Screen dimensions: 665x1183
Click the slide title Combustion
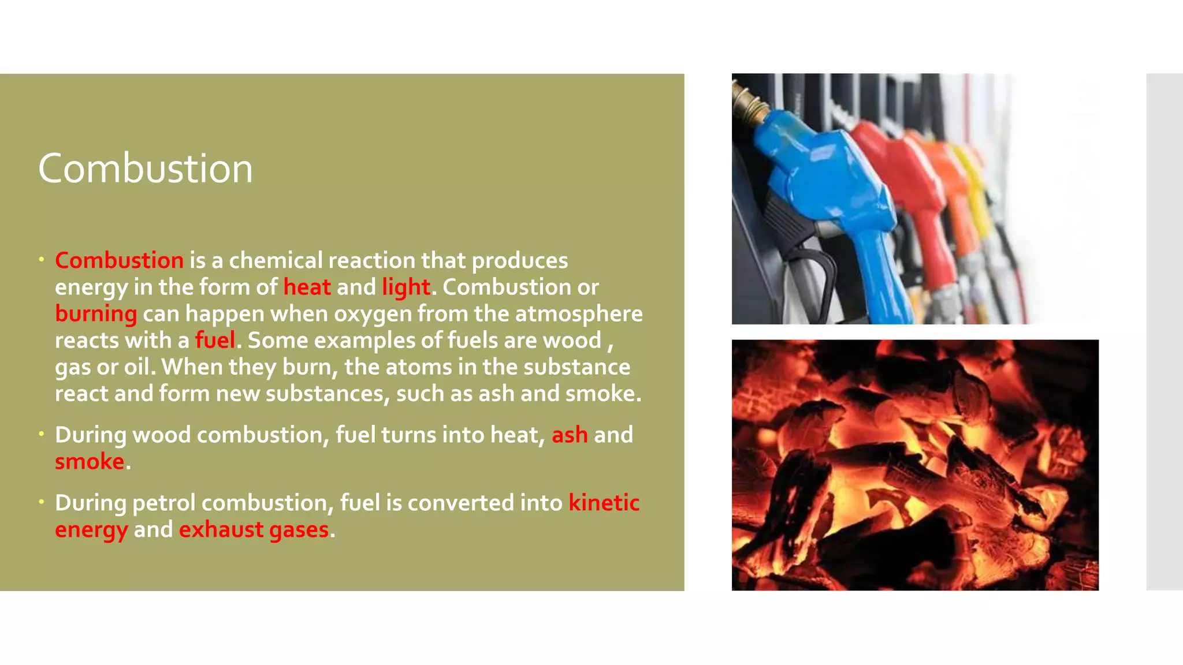click(x=146, y=169)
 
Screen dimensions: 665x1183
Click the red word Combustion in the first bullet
click(x=119, y=260)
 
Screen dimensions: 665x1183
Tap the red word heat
click(x=307, y=287)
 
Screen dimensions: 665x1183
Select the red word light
click(x=406, y=287)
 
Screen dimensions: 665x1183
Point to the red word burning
click(x=96, y=313)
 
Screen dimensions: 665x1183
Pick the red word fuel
click(x=215, y=340)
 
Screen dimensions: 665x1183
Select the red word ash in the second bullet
click(x=570, y=435)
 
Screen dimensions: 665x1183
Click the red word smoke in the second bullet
click(x=90, y=461)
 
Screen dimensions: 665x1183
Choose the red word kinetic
click(x=604, y=503)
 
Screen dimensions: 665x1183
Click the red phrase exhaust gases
click(x=254, y=529)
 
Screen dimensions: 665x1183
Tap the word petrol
click(x=164, y=503)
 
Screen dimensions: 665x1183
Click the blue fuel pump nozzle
click(x=832, y=196)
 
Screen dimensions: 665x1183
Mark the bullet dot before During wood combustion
click(x=42, y=434)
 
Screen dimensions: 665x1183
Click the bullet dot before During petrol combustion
click(x=42, y=502)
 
